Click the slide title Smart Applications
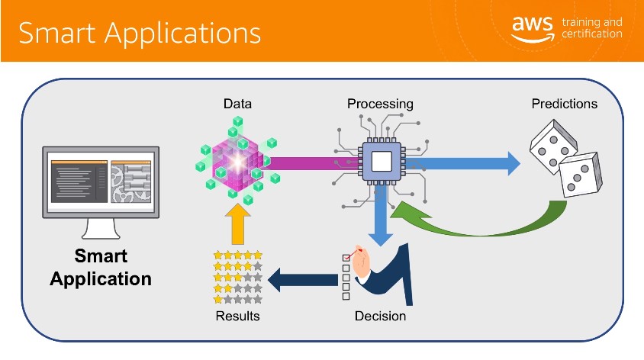[140, 33]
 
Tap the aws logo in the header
[533, 29]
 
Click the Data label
[237, 104]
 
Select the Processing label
[380, 104]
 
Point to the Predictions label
[565, 104]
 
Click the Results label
[237, 316]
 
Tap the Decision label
[380, 316]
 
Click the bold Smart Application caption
[101, 267]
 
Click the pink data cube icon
[238, 161]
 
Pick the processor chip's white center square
[382, 162]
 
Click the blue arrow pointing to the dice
[463, 163]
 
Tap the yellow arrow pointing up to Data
[238, 224]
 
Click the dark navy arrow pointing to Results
[303, 280]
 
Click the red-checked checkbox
[346, 258]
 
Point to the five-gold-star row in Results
[238, 255]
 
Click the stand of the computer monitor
[101, 229]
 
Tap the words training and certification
[592, 27]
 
